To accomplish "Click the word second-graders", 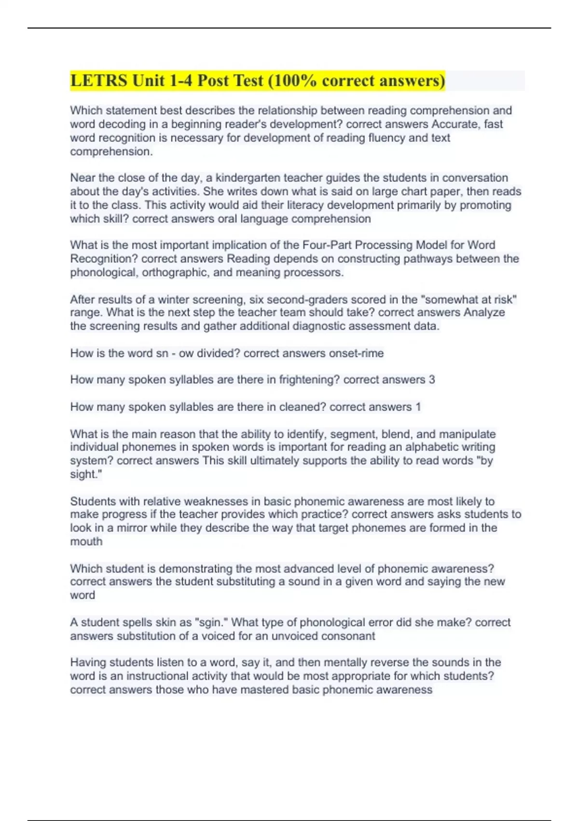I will [x=303, y=299].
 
